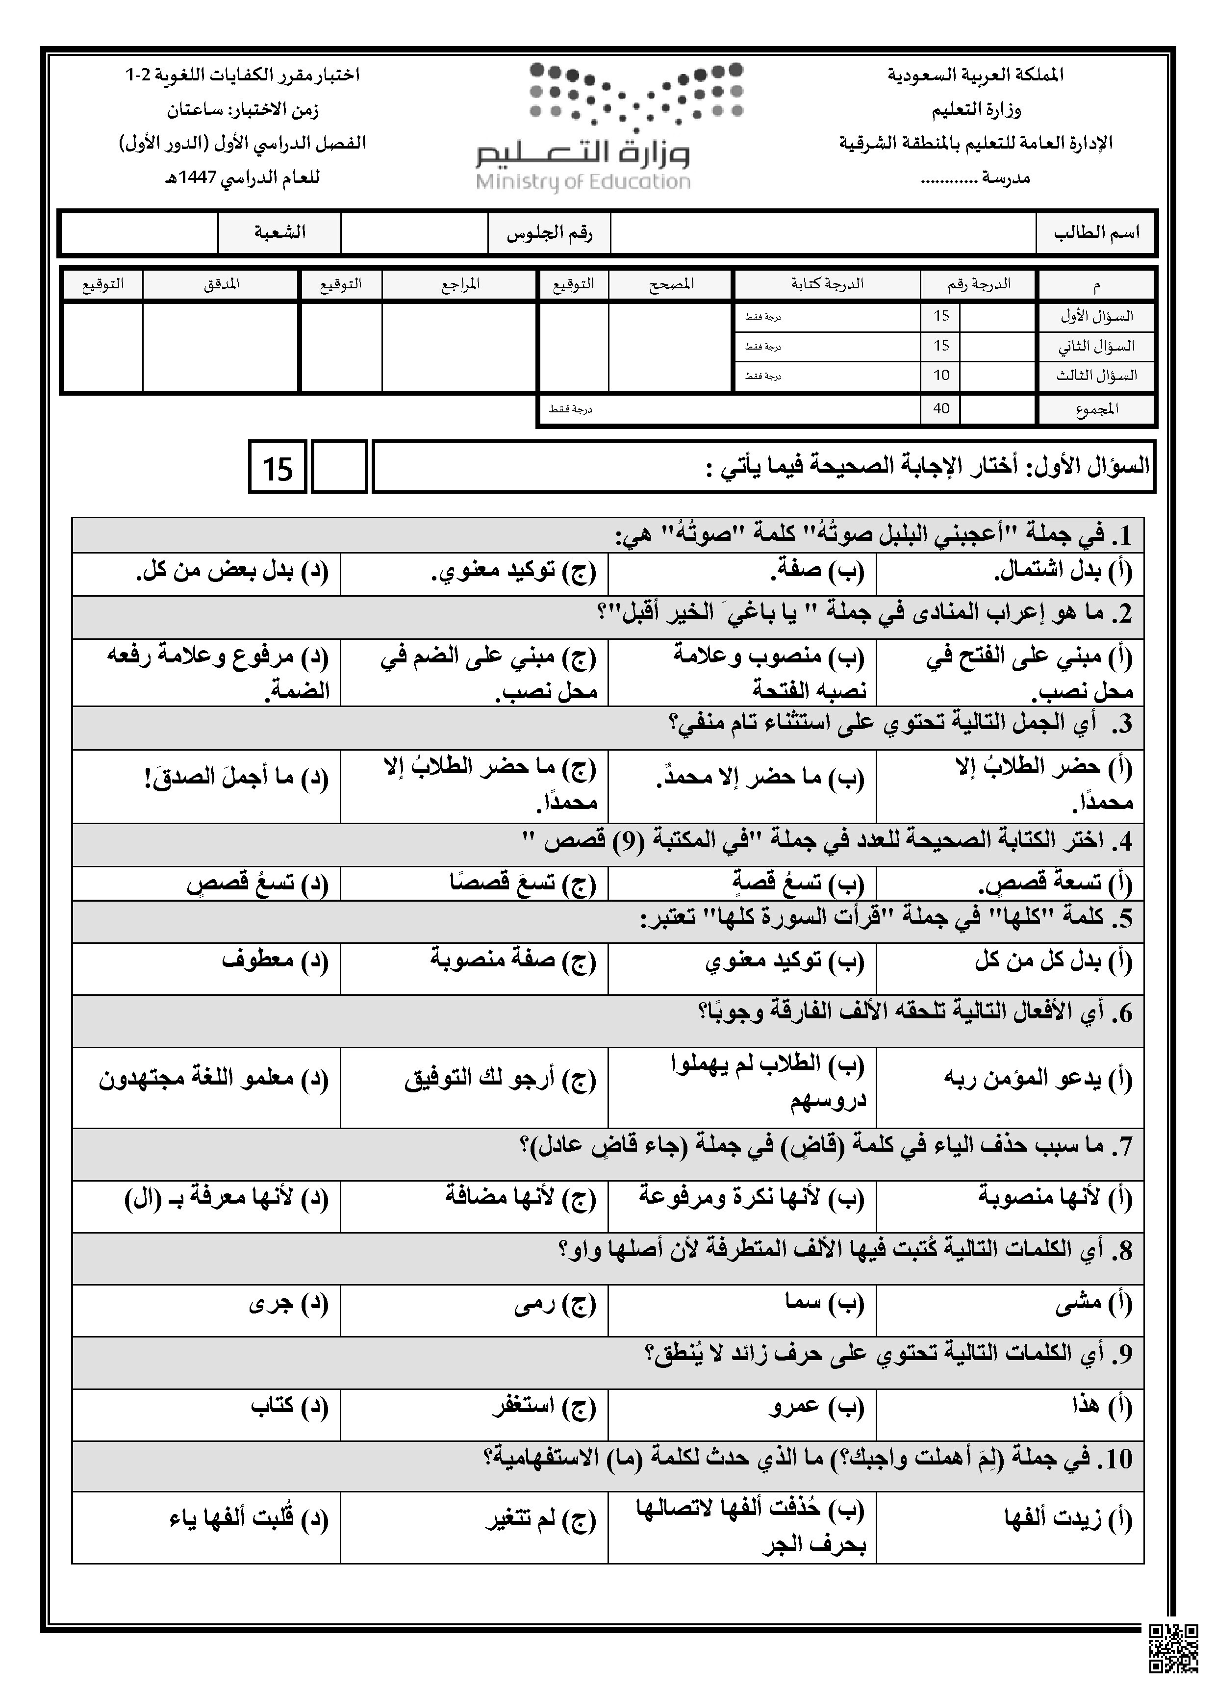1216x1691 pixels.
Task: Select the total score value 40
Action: tap(941, 408)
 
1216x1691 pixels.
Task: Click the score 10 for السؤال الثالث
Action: tap(941, 375)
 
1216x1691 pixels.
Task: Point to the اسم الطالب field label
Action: tap(1096, 232)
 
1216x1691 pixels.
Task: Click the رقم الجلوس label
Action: tap(550, 232)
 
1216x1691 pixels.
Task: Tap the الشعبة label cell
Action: tap(279, 232)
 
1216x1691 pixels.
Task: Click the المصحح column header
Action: tap(671, 284)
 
